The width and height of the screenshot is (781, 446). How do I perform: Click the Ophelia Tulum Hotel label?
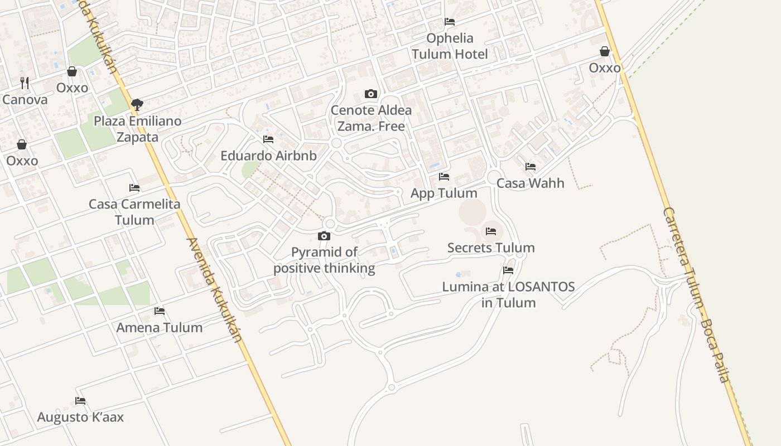pos(450,46)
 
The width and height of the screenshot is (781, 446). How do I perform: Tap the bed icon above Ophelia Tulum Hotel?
pos(450,22)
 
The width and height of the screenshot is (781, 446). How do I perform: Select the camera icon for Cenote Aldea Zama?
pos(371,94)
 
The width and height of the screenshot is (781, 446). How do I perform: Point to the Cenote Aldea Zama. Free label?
pos(371,118)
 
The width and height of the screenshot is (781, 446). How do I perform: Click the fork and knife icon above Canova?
pos(25,83)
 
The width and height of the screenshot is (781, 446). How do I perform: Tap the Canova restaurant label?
pos(25,100)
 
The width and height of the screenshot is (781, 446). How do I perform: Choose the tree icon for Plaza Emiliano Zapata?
pos(137,104)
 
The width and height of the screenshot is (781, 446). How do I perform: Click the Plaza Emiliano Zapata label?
pos(137,129)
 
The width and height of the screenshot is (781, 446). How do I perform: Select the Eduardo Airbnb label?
pos(268,156)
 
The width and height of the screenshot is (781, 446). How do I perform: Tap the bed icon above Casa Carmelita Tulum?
pos(134,188)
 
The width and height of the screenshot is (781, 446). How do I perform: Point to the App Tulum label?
pos(444,193)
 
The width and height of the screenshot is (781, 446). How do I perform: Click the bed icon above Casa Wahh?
pos(531,167)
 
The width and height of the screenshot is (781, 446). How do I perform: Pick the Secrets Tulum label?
pos(491,248)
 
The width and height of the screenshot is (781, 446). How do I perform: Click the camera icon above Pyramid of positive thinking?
pos(324,236)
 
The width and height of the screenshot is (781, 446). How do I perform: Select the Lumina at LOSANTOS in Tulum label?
pos(508,295)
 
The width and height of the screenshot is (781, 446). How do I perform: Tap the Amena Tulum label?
pos(160,328)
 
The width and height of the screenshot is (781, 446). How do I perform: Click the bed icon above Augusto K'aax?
pos(80,400)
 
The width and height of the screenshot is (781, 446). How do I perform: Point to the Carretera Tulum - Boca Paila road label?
pos(696,295)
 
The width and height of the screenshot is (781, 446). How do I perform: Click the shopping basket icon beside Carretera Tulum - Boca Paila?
pos(605,52)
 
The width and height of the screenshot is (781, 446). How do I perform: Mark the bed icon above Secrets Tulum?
pos(491,231)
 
